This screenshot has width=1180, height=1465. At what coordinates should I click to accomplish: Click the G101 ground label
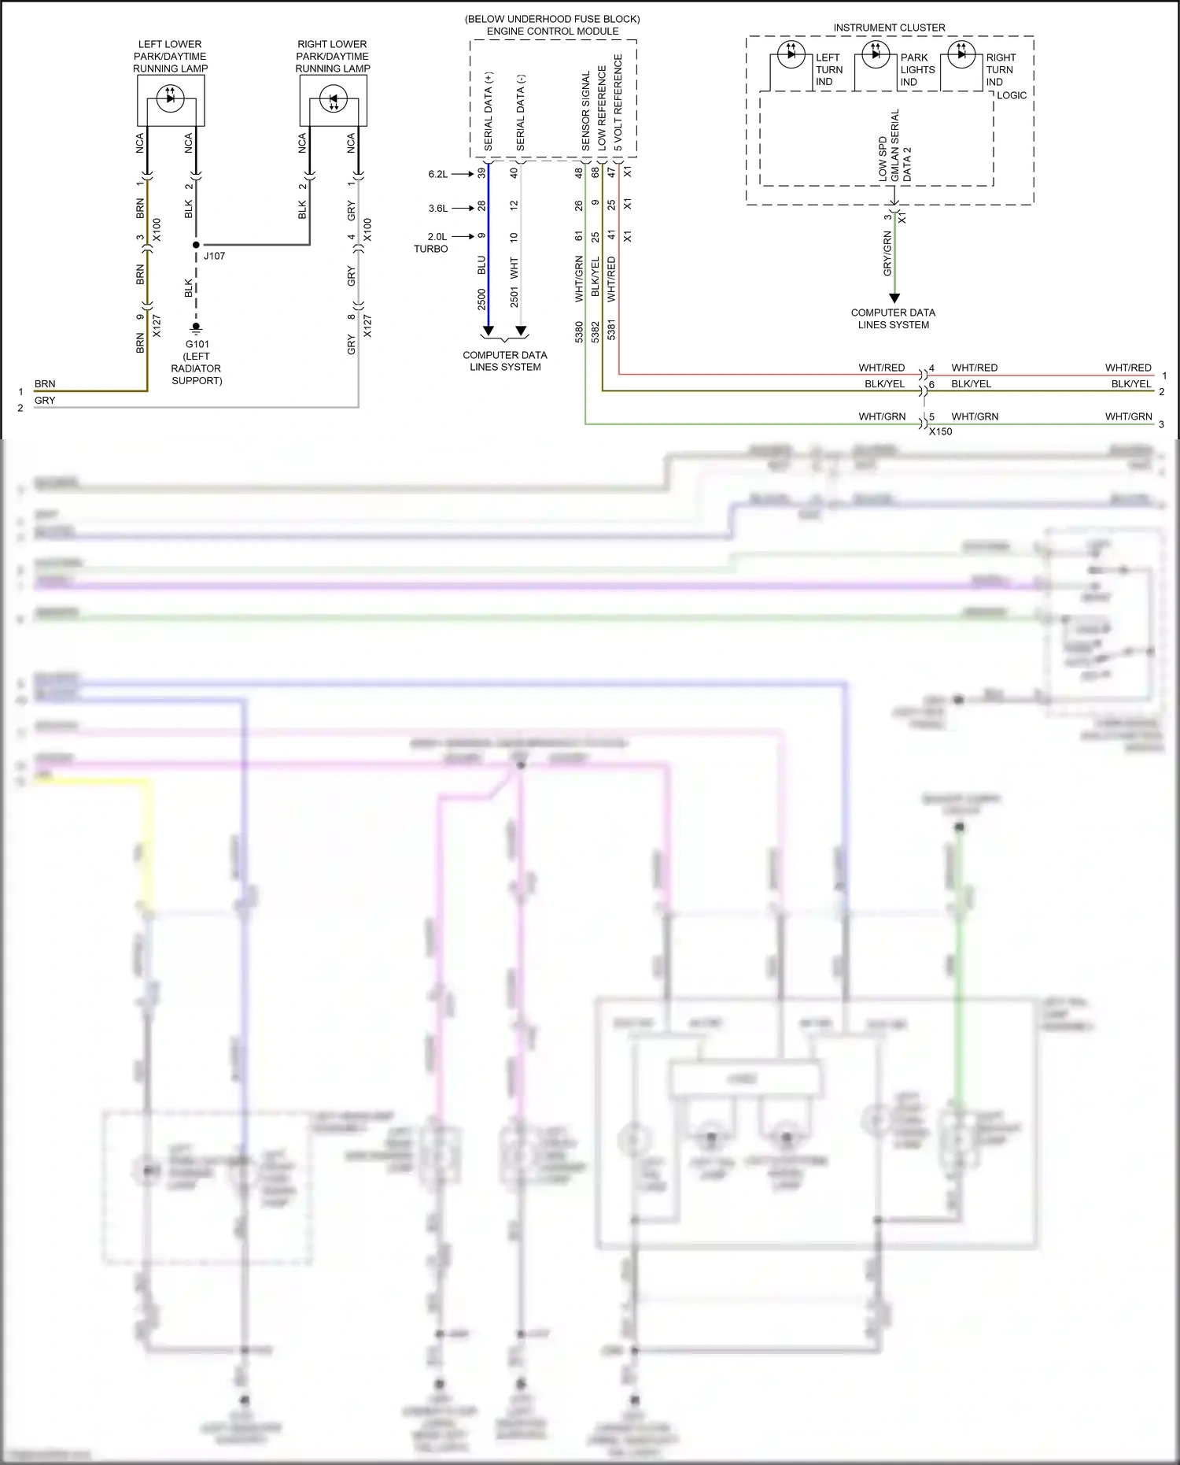click(x=197, y=344)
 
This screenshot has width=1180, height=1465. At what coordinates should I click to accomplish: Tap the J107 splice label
click(x=214, y=256)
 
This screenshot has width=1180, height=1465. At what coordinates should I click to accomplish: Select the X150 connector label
click(x=940, y=431)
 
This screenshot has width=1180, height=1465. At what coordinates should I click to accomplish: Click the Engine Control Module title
click(x=552, y=31)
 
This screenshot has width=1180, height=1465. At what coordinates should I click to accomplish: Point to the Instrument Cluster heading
click(x=889, y=28)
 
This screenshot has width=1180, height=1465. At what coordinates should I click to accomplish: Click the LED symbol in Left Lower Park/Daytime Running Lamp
click(x=171, y=98)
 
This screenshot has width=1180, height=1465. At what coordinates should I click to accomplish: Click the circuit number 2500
click(x=481, y=299)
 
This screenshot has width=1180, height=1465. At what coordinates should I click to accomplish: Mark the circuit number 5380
click(x=579, y=331)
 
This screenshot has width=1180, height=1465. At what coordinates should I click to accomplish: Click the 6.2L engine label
click(x=438, y=174)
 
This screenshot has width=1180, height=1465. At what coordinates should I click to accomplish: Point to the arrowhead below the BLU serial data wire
click(x=488, y=331)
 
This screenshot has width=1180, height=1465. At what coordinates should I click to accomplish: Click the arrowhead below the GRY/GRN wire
click(x=894, y=298)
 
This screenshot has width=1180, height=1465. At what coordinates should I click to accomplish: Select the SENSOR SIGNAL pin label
click(x=586, y=111)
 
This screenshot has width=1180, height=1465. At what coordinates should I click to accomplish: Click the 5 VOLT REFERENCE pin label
click(x=618, y=102)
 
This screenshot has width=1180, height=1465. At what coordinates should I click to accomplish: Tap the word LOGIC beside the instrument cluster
click(x=1012, y=95)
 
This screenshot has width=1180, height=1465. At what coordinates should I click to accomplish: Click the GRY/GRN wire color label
click(x=887, y=253)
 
